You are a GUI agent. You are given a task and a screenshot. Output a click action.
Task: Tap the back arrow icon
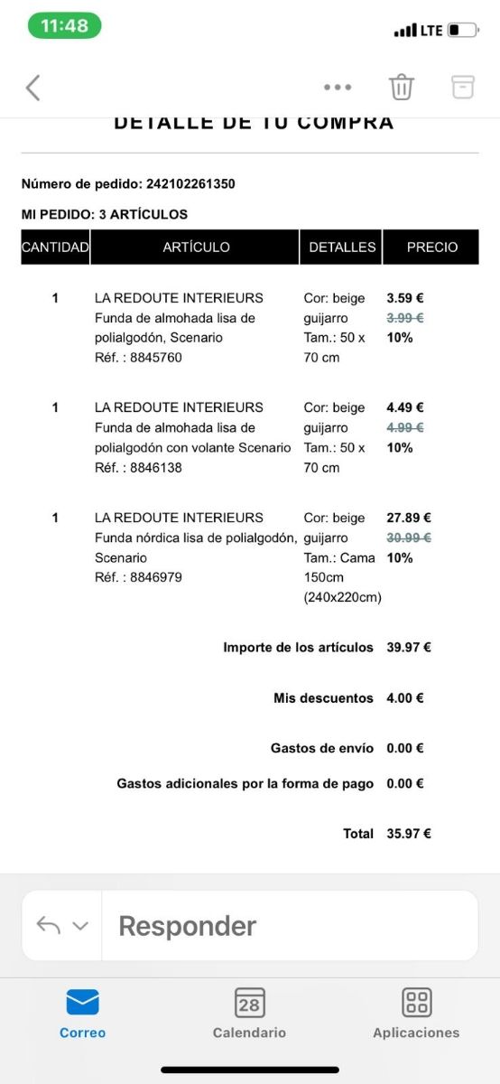pyautogui.click(x=33, y=88)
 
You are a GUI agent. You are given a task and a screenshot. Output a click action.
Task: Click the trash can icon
pyautogui.click(x=402, y=87)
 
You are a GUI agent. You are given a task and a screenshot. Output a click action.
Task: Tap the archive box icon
pyautogui.click(x=462, y=87)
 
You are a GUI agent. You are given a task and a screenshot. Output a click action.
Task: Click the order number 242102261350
pyautogui.click(x=190, y=183)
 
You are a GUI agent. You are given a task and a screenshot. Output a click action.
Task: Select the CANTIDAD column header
pyautogui.click(x=55, y=247)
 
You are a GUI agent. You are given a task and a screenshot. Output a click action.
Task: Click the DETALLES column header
pyautogui.click(x=342, y=247)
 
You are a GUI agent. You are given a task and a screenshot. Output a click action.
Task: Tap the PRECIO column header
pyautogui.click(x=432, y=247)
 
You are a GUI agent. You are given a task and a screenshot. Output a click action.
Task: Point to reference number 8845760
pyautogui.click(x=156, y=357)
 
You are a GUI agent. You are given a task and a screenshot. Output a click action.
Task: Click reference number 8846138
pyautogui.click(x=156, y=467)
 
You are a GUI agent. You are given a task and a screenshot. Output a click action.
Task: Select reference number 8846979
pyautogui.click(x=156, y=576)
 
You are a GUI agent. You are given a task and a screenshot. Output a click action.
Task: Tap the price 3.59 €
pyautogui.click(x=405, y=297)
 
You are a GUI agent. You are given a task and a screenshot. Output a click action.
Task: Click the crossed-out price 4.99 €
pyautogui.click(x=405, y=427)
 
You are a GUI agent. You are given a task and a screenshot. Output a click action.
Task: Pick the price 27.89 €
pyautogui.click(x=409, y=518)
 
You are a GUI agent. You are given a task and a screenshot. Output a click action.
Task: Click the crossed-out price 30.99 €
pyautogui.click(x=409, y=537)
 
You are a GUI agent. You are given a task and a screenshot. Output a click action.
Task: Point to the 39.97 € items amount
pyautogui.click(x=409, y=647)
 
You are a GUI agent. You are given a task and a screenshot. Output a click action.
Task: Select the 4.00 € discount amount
pyautogui.click(x=405, y=697)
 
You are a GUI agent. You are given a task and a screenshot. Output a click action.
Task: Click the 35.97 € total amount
pyautogui.click(x=409, y=834)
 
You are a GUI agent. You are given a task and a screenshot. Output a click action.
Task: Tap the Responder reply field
pyautogui.click(x=289, y=926)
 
